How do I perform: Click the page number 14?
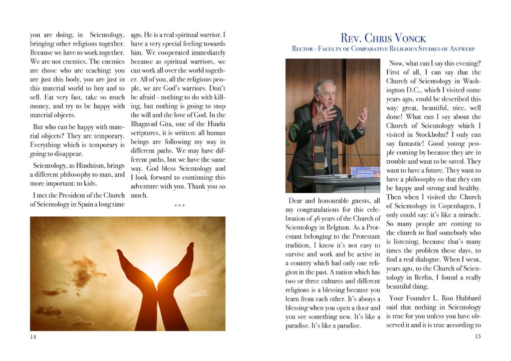[x=33, y=337]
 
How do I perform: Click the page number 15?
[x=478, y=337]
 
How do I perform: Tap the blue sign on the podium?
[x=365, y=172]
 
